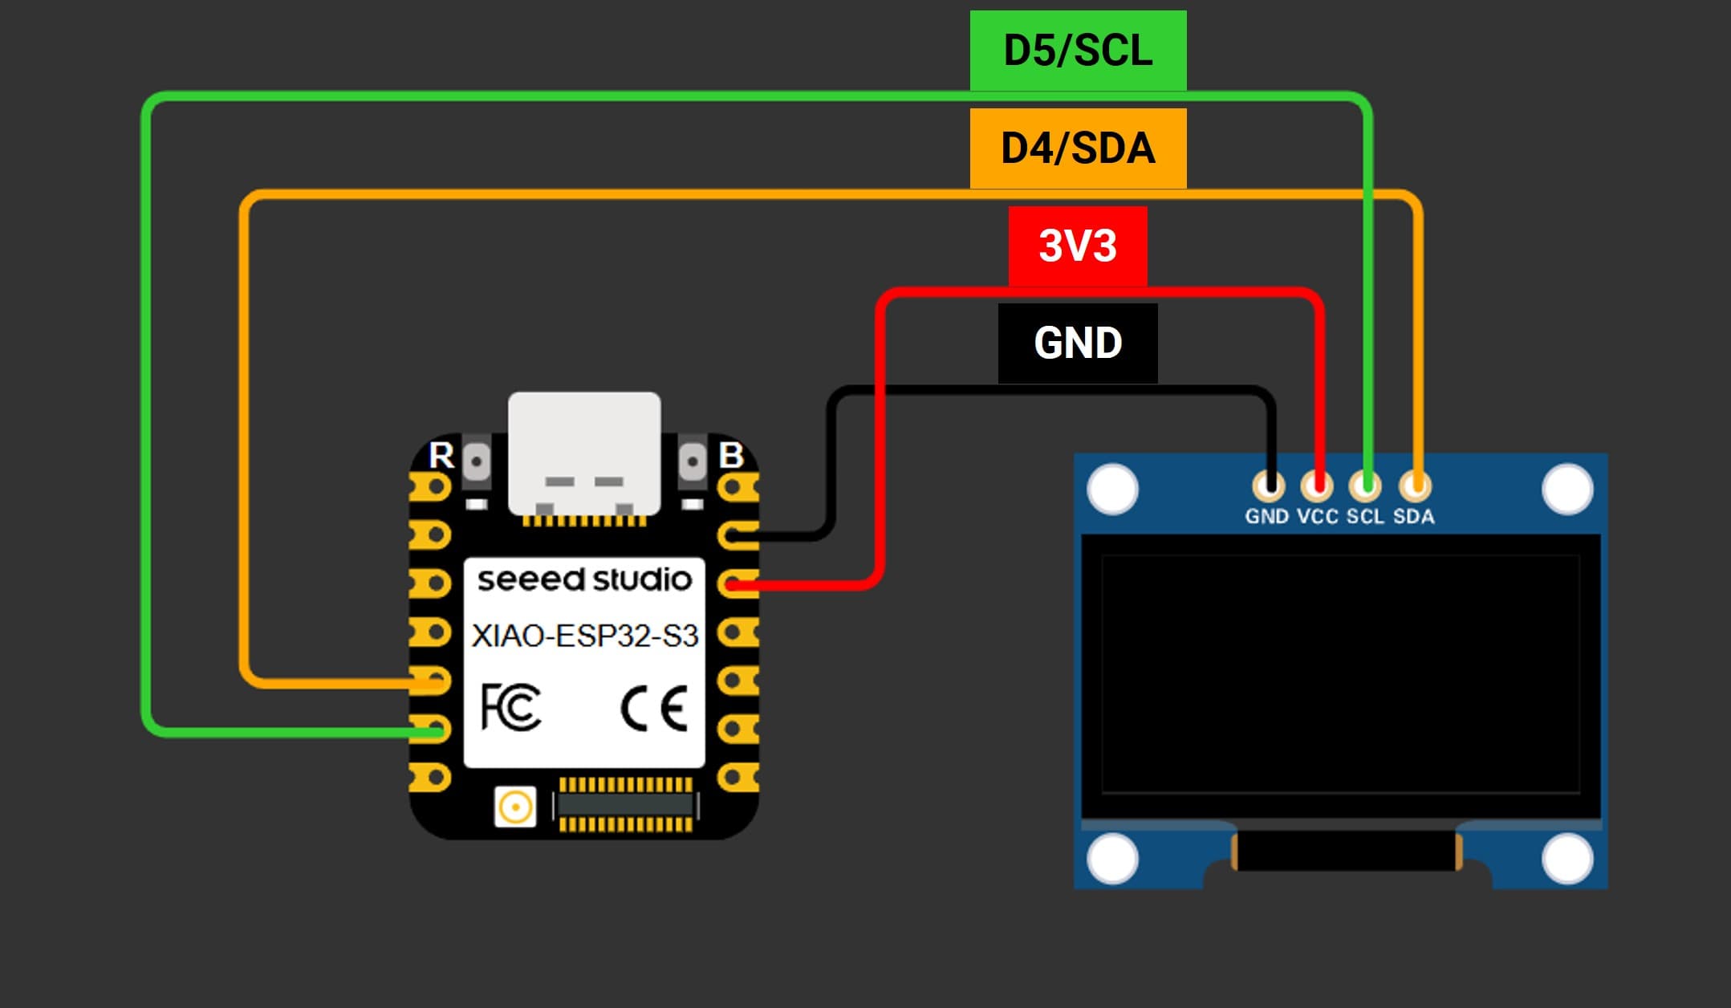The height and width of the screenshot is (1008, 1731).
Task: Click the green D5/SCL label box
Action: (x=1078, y=51)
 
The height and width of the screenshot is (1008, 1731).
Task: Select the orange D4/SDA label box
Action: (x=1078, y=148)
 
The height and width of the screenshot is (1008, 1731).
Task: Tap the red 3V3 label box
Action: (x=1078, y=246)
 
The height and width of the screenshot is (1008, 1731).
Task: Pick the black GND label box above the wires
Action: (x=1078, y=343)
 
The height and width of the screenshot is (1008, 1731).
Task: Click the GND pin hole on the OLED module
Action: (x=1268, y=486)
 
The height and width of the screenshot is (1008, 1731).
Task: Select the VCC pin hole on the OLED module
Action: (x=1317, y=486)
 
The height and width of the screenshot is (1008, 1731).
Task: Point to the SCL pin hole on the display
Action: (x=1366, y=486)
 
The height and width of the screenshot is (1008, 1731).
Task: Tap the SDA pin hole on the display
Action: (x=1415, y=486)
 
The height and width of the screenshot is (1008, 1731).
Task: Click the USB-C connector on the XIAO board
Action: (x=584, y=453)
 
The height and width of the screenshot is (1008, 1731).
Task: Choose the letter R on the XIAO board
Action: (x=441, y=455)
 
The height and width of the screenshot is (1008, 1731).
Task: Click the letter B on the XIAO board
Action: (x=731, y=455)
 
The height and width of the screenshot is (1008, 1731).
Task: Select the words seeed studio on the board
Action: (x=584, y=579)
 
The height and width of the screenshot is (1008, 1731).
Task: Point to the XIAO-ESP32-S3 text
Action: (x=584, y=636)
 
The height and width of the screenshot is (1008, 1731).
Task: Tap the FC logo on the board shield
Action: (x=510, y=707)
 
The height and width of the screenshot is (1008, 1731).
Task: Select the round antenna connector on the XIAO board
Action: (x=515, y=807)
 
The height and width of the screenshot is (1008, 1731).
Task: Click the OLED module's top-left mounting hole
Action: (x=1112, y=489)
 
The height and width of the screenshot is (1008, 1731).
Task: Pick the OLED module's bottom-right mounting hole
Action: (x=1567, y=859)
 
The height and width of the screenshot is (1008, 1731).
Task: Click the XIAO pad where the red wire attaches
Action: (x=735, y=584)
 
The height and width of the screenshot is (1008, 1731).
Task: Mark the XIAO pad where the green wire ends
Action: (x=433, y=730)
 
